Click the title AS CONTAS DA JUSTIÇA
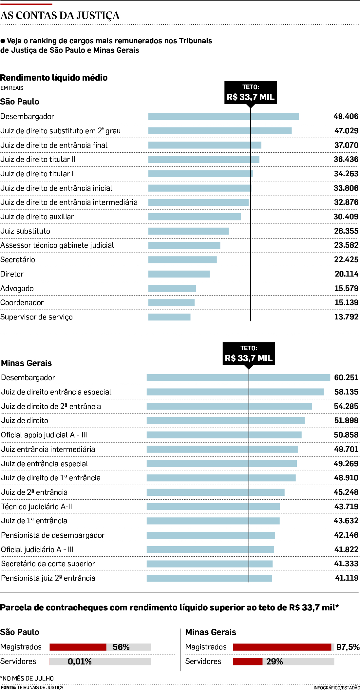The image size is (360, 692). click(x=60, y=16)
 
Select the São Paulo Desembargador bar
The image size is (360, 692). click(x=223, y=116)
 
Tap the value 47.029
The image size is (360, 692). click(x=346, y=131)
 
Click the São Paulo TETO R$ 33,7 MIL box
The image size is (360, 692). click(x=250, y=92)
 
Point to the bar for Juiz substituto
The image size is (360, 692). click(x=188, y=231)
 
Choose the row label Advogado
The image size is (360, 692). click(x=17, y=288)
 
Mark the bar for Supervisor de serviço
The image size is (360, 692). click(x=169, y=317)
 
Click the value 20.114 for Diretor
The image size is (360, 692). click(x=346, y=274)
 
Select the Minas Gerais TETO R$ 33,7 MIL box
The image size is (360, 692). click(x=249, y=354)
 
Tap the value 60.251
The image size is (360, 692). click(x=346, y=377)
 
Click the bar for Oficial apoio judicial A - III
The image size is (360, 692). click(x=224, y=435)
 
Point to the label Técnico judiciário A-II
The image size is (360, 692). click(x=36, y=507)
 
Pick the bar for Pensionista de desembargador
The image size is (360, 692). click(x=211, y=535)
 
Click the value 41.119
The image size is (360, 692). click(x=347, y=578)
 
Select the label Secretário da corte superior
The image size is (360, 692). click(x=48, y=564)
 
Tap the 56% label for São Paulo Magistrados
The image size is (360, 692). click(x=121, y=647)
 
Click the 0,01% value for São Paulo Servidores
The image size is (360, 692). click(x=80, y=662)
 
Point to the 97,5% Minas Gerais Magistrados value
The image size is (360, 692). click(x=348, y=647)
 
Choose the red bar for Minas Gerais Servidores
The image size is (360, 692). click(x=248, y=662)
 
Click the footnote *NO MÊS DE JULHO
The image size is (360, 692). click(x=27, y=678)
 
